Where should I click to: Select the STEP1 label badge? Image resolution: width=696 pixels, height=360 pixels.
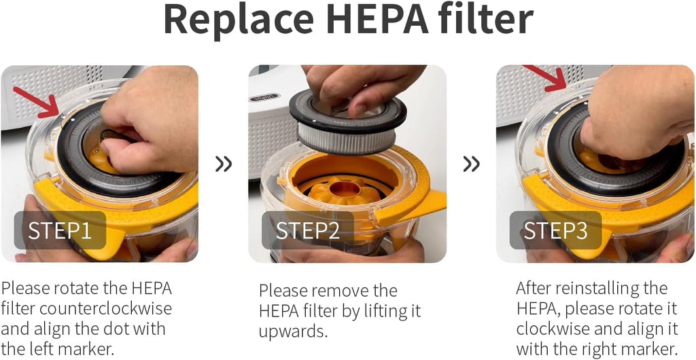tap(60, 230)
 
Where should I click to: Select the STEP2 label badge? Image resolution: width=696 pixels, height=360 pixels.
tap(307, 230)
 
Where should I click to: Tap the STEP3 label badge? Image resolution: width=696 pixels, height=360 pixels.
tap(555, 230)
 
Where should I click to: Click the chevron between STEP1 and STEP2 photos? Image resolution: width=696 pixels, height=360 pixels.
tap(224, 164)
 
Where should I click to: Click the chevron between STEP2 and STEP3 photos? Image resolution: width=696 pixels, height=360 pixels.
tap(471, 164)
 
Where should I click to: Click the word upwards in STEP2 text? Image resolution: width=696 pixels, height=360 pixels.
tap(293, 332)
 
